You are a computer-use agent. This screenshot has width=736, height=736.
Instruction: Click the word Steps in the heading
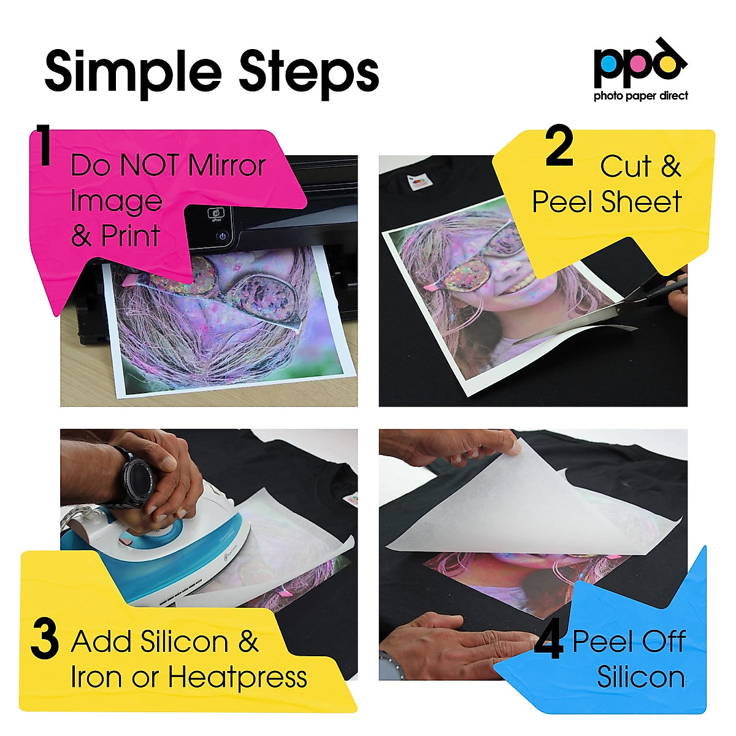click(309, 72)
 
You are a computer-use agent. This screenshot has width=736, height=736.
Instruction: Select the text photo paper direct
click(640, 96)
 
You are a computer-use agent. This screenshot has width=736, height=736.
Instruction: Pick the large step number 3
click(44, 640)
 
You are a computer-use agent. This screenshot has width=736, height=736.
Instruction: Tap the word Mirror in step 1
click(227, 166)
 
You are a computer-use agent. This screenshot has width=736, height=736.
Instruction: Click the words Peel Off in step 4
click(628, 642)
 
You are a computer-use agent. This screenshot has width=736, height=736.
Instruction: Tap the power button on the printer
click(223, 236)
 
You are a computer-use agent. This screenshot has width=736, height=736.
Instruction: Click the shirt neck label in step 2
click(418, 182)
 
